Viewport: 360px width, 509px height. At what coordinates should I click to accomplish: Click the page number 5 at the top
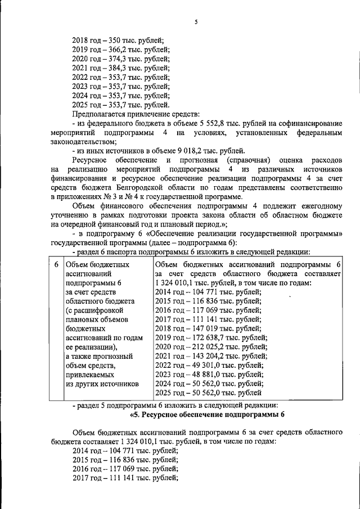pyautogui.click(x=196, y=22)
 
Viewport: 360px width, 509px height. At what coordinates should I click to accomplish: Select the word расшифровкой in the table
pyautogui.click(x=102, y=310)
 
